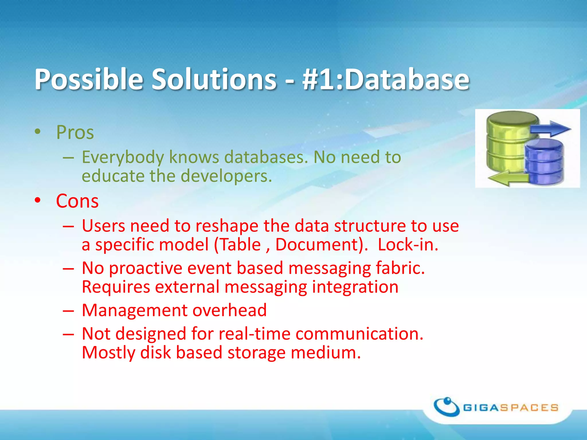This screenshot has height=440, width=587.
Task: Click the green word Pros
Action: pyautogui.click(x=75, y=132)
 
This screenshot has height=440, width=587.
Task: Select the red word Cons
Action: pyautogui.click(x=77, y=201)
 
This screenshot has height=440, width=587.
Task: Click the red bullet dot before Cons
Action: pyautogui.click(x=38, y=200)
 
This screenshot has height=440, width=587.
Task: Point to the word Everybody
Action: pyautogui.click(x=123, y=157)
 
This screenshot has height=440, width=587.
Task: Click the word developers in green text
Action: pyautogui.click(x=226, y=176)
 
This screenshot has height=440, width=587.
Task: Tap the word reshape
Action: pyautogui.click(x=227, y=226)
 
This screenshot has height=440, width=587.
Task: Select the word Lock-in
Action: pyautogui.click(x=408, y=245)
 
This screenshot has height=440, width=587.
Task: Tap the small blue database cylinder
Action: pyautogui.click(x=544, y=162)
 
